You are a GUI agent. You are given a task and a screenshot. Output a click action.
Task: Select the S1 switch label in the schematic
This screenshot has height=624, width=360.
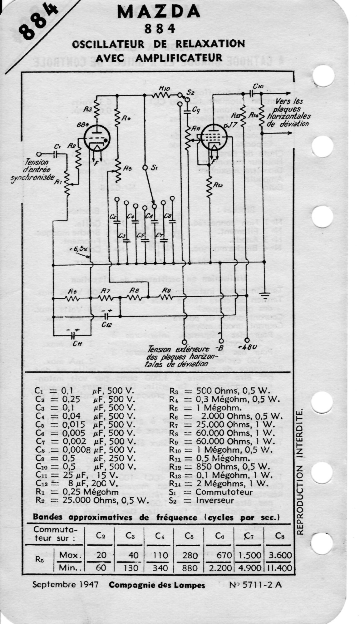click(x=154, y=168)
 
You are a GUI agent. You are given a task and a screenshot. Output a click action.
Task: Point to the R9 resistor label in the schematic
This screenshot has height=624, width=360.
click(x=165, y=290)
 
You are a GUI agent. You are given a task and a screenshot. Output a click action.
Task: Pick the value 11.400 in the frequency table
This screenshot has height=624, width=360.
click(x=279, y=568)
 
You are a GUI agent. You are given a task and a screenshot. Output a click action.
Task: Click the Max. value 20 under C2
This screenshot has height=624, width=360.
click(x=101, y=556)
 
